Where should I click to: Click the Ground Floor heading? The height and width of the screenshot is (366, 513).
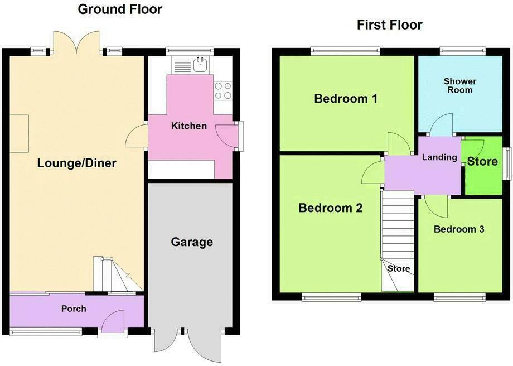[x=120, y=9]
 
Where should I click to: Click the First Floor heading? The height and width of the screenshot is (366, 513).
[x=389, y=25]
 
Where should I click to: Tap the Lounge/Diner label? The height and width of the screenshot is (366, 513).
[x=77, y=163]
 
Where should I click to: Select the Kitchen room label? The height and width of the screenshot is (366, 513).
[x=188, y=126]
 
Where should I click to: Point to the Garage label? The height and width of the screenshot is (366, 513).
[x=192, y=242]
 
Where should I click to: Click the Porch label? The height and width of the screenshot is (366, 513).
[x=74, y=309]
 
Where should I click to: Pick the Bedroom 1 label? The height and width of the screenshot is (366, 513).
[x=346, y=99]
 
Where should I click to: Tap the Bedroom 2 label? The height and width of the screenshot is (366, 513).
[x=331, y=208]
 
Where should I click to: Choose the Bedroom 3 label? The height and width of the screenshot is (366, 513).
[x=459, y=229]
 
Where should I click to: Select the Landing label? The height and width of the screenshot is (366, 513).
[x=439, y=158]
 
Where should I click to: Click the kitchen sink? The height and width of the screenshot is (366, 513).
[x=200, y=65]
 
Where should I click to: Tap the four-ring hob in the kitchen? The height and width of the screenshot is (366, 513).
[x=223, y=91]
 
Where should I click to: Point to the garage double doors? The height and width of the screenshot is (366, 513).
[x=188, y=344]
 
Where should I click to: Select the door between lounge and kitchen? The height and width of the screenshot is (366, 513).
[x=135, y=136]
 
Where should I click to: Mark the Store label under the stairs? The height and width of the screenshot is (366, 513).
[x=399, y=269]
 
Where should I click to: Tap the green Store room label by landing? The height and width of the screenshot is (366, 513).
[x=482, y=162]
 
